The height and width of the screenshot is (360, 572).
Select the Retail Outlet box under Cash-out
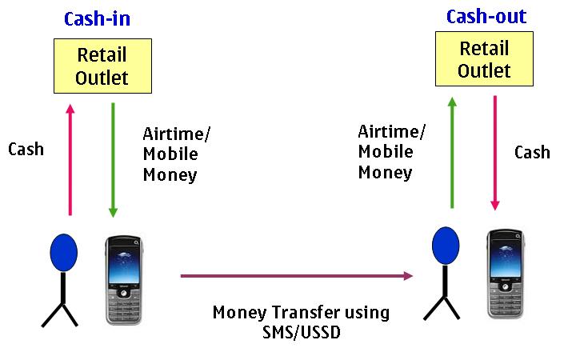pyautogui.click(x=484, y=60)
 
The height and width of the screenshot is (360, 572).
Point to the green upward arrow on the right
pyautogui.click(x=453, y=152)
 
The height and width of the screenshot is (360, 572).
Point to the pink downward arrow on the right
pyautogui.click(x=495, y=152)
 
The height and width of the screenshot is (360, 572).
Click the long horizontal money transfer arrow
pyautogui.click(x=296, y=276)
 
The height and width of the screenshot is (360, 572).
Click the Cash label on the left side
pyautogui.click(x=26, y=149)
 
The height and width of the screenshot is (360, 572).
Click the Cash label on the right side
pyautogui.click(x=532, y=152)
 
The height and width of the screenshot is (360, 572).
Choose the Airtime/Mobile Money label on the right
pyautogui.click(x=392, y=152)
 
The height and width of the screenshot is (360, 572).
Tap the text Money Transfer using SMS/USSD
pyautogui.click(x=300, y=322)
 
